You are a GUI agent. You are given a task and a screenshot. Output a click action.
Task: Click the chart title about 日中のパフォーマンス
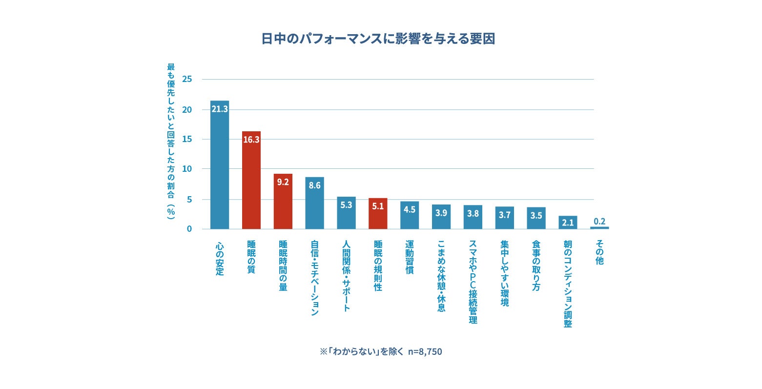(378, 39)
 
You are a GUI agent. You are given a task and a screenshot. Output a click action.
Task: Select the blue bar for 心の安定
(220, 166)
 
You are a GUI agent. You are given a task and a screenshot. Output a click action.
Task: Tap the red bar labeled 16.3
(251, 181)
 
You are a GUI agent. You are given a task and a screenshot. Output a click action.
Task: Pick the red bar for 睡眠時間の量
(283, 203)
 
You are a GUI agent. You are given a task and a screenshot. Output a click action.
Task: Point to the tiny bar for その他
(599, 227)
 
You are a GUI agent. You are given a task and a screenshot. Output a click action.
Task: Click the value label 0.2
(599, 222)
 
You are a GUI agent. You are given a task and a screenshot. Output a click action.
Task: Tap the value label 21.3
(220, 109)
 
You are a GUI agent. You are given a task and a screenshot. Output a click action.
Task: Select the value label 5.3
(346, 205)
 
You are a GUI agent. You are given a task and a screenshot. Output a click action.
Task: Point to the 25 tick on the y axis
(187, 79)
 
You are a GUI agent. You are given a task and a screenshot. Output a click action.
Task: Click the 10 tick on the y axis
(187, 169)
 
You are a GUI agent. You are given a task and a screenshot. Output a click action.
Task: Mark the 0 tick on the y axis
(189, 229)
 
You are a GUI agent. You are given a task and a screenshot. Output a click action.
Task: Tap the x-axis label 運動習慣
(410, 257)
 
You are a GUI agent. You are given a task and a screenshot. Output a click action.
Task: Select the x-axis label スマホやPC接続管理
(473, 282)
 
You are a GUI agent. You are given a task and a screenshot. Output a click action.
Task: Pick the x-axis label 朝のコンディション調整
(568, 284)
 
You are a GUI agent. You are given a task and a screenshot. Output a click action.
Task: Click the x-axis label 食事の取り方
(536, 266)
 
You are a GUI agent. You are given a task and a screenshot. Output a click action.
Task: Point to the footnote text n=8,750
(425, 351)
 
